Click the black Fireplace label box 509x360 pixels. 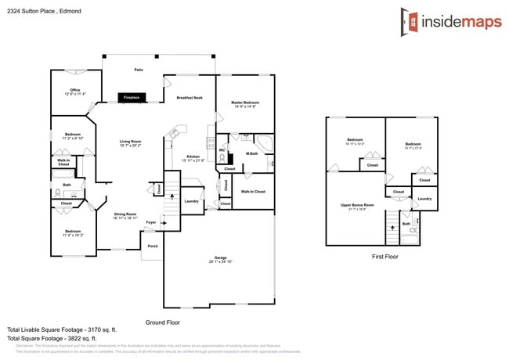pyautogui.click(x=130, y=97)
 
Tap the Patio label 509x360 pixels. pyautogui.click(x=138, y=70)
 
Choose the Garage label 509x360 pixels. pyautogui.click(x=220, y=257)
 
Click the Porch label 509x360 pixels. pyautogui.click(x=152, y=246)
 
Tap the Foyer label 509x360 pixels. pyautogui.click(x=150, y=222)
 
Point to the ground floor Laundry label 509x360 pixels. pyautogui.click(x=191, y=201)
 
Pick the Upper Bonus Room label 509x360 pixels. pyautogui.click(x=357, y=206)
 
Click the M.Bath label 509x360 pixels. pyautogui.click(x=252, y=153)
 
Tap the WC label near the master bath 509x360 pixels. pyautogui.click(x=222, y=149)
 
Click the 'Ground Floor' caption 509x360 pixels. pyautogui.click(x=163, y=322)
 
